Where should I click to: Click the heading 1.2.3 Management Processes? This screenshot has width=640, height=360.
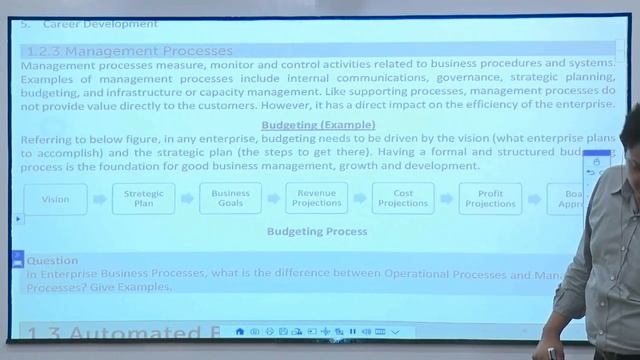point(130,51)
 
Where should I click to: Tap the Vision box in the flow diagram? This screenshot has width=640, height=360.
point(56,199)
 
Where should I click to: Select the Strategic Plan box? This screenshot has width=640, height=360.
point(143,199)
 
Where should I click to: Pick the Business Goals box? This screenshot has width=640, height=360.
point(230,199)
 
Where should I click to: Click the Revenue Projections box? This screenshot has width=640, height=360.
point(316,199)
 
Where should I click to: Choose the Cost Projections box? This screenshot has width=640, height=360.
point(403,199)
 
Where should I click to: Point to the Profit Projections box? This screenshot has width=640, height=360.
point(490,199)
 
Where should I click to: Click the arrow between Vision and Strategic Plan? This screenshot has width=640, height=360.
point(99,199)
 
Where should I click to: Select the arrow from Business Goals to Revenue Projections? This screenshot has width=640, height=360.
point(273,199)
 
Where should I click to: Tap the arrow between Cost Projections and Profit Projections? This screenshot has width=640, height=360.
point(447,199)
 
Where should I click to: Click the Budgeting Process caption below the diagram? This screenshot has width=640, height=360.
point(317,231)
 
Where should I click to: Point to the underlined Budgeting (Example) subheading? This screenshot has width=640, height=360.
point(318,125)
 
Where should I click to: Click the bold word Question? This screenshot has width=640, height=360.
point(52,260)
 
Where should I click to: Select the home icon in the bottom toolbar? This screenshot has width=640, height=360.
point(240,331)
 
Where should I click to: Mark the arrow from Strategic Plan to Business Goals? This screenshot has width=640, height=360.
point(186,199)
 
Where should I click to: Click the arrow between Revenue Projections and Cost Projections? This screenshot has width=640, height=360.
point(360,199)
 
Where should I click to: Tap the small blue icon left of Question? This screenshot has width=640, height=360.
point(17,258)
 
